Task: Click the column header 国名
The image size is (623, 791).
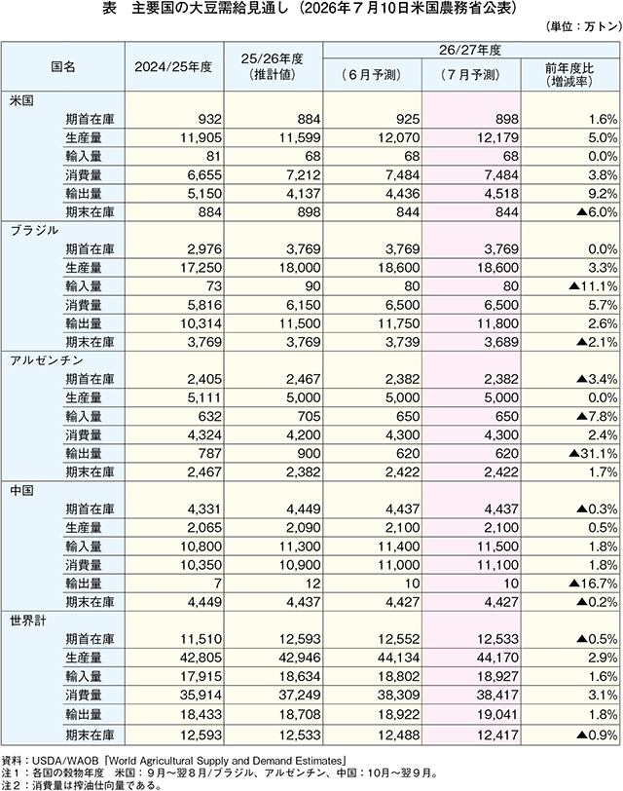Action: [x=63, y=66]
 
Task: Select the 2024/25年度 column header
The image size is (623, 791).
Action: [x=173, y=66]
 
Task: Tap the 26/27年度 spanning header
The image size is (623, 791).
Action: [x=471, y=50]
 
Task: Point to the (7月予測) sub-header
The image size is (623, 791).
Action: [x=471, y=75]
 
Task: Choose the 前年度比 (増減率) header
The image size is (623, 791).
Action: [x=569, y=75]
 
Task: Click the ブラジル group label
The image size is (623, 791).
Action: [x=34, y=231]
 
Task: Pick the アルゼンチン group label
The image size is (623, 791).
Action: [x=47, y=360]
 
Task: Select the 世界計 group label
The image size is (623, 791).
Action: [x=28, y=621]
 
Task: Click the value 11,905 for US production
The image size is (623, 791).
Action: [x=201, y=137]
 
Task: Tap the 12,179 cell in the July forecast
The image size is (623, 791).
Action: [x=497, y=137]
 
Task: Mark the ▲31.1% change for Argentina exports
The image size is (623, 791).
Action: [x=592, y=454]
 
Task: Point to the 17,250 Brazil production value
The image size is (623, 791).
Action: [x=201, y=268]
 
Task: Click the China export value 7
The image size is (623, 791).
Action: [x=218, y=584]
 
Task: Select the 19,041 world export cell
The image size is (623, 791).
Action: [x=497, y=714]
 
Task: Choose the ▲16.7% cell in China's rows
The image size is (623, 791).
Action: [x=592, y=584]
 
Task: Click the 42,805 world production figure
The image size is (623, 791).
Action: [x=201, y=658]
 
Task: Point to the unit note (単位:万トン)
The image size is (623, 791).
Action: [x=583, y=26]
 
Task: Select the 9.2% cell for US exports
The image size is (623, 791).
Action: [x=603, y=194]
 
